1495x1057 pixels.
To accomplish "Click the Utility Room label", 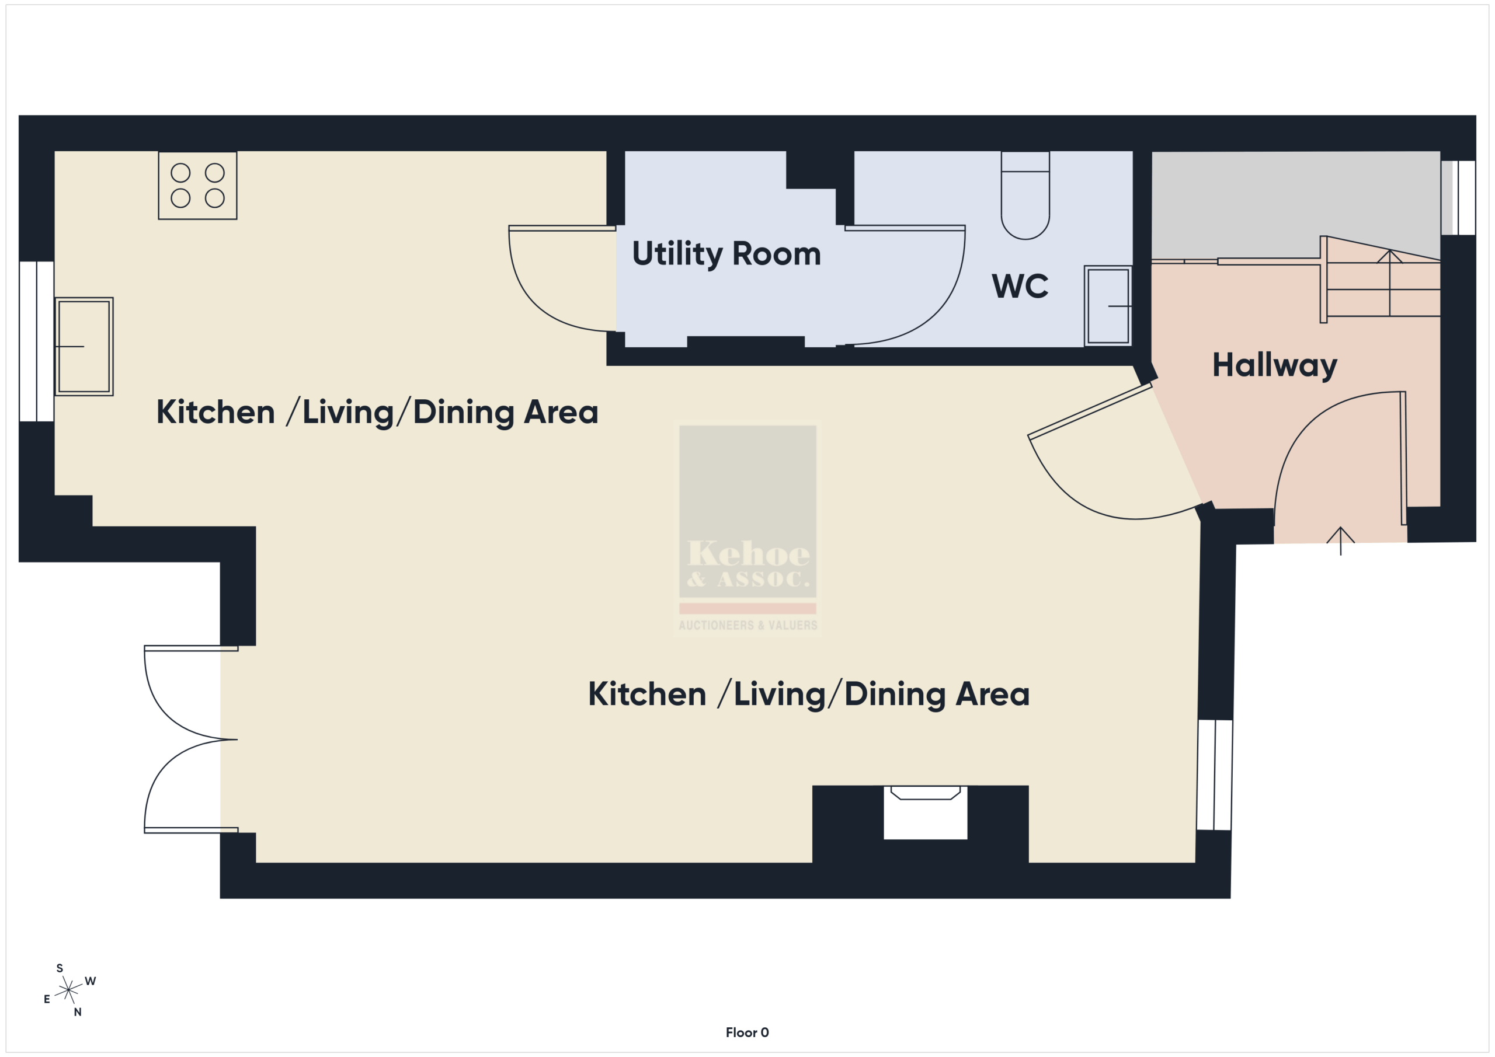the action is [726, 254].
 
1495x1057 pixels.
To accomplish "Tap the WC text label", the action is [1020, 286].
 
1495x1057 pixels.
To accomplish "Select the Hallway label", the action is [1274, 365].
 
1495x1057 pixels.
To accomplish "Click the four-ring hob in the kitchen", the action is [197, 186].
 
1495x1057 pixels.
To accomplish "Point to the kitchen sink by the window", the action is [84, 346].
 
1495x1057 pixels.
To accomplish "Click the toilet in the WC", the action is [1025, 196].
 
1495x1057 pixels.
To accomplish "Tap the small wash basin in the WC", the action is [1108, 306].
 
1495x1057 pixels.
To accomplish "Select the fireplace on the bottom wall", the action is [925, 812].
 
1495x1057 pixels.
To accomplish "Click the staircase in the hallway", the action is [1381, 280].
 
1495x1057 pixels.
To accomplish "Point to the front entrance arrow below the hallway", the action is [1341, 541].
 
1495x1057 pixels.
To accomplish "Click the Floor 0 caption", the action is [747, 1032].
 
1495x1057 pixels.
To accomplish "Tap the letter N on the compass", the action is [78, 1012].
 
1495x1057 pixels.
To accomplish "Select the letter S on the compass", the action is [60, 968].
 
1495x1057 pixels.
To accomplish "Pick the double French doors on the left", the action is [191, 739].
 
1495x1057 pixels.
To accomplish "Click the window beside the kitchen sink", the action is [36, 341].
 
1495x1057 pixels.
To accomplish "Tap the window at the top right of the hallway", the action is [1458, 198].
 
